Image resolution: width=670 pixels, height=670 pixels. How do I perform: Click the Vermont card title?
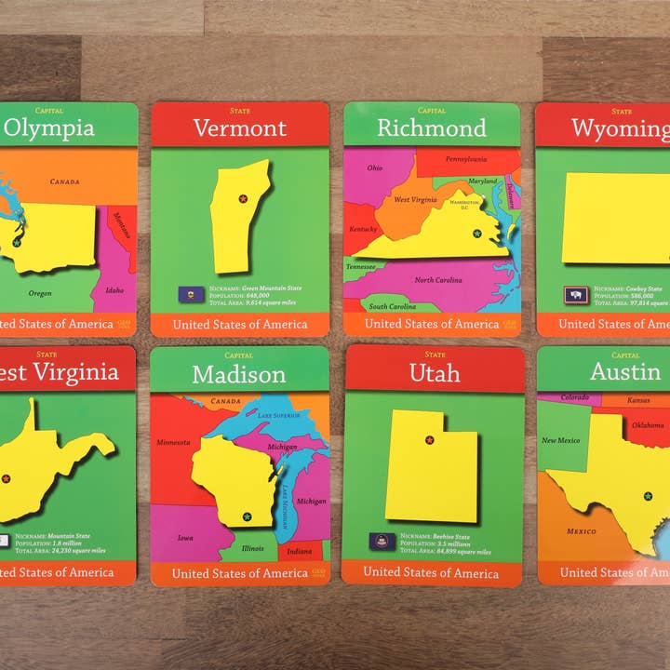pos(239,128)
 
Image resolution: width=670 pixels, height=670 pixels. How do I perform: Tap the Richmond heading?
pos(431,128)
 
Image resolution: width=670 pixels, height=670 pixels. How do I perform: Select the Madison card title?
pos(239,374)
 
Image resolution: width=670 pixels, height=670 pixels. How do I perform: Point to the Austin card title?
pos(624,372)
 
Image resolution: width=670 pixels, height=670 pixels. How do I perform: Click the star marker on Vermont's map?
pos(243,198)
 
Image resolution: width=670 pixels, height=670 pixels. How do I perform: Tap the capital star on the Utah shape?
pos(429,440)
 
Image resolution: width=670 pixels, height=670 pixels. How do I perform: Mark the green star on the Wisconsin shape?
pos(247,516)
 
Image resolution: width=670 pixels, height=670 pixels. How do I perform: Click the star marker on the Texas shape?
pos(648,496)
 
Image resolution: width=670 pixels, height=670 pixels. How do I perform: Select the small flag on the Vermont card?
pos(192,295)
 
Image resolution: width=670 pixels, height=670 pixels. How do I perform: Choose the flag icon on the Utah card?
pos(382,542)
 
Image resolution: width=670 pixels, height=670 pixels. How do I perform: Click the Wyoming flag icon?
pos(576,295)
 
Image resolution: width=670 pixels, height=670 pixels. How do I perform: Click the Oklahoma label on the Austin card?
pos(648,424)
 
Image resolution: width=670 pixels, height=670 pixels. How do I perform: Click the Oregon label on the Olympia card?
pos(39,293)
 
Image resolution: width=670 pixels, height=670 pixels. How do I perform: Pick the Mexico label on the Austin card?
pos(582,531)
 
